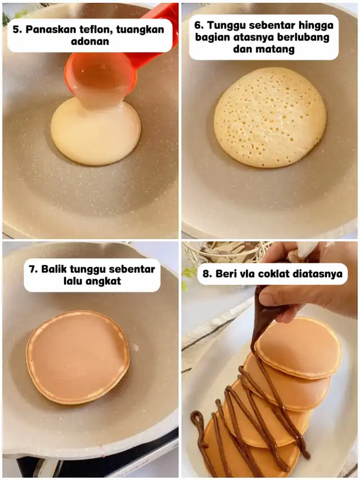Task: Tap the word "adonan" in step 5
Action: [x=90, y=41]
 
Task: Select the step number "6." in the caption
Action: [x=200, y=25]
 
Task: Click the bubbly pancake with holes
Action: [x=269, y=117]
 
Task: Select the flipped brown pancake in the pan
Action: [x=78, y=357]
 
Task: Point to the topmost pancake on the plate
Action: [x=298, y=347]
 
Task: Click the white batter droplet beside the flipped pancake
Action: [x=135, y=347]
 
